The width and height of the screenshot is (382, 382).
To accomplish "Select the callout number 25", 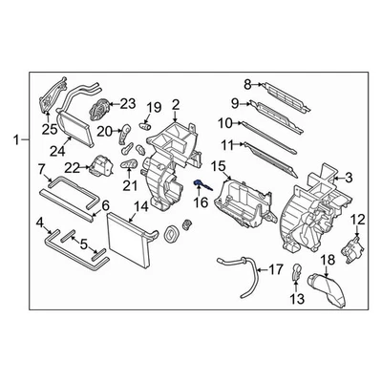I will (x=48, y=128).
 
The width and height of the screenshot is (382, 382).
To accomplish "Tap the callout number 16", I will (x=200, y=203).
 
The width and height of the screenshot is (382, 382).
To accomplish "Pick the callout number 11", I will (x=226, y=144).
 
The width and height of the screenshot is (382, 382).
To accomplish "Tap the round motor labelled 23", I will (x=97, y=110).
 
